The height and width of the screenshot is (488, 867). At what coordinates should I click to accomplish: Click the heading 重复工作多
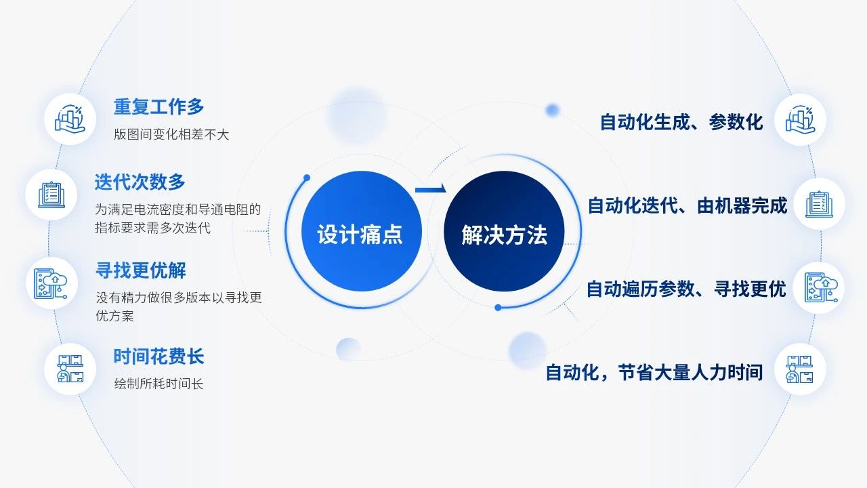click(x=158, y=106)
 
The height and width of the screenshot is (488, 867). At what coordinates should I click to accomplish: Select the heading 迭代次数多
click(x=140, y=182)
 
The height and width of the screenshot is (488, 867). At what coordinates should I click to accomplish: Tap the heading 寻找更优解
click(x=141, y=270)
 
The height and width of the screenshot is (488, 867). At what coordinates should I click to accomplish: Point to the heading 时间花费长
click(x=158, y=357)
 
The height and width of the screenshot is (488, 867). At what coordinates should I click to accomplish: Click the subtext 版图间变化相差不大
click(x=171, y=134)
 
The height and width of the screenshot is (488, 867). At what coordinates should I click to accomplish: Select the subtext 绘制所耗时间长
click(x=158, y=384)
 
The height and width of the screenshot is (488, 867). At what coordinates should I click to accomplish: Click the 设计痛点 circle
click(x=362, y=231)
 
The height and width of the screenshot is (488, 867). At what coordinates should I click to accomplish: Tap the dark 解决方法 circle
click(x=504, y=231)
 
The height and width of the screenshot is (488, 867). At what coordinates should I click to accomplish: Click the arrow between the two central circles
click(x=431, y=189)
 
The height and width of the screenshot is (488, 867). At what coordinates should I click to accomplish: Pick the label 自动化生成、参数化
click(x=681, y=123)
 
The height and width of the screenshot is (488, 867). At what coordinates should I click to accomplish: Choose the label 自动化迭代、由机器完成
click(x=688, y=205)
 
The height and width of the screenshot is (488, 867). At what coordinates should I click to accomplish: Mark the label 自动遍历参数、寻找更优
click(x=686, y=289)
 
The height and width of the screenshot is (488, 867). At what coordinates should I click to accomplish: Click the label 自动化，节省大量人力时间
click(x=654, y=373)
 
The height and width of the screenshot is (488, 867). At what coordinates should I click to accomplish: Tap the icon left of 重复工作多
click(x=70, y=119)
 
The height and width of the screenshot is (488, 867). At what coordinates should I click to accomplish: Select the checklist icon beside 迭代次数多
click(x=51, y=195)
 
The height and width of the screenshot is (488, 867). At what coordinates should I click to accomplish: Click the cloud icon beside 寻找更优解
click(x=51, y=284)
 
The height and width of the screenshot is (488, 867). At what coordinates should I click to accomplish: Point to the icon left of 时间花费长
click(x=70, y=369)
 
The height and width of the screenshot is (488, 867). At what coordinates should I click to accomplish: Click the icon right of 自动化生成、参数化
click(x=801, y=119)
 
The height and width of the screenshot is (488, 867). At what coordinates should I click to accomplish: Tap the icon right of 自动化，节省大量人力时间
click(x=801, y=369)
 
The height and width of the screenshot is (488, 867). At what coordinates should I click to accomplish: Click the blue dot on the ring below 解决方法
click(x=498, y=308)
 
